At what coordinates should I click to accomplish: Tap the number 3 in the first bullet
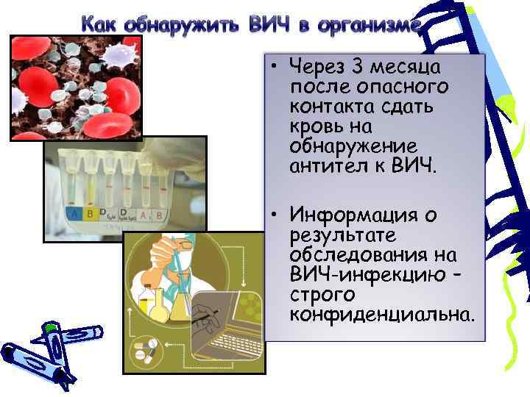358,68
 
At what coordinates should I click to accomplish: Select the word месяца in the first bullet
406,68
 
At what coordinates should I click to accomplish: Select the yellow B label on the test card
91,214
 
